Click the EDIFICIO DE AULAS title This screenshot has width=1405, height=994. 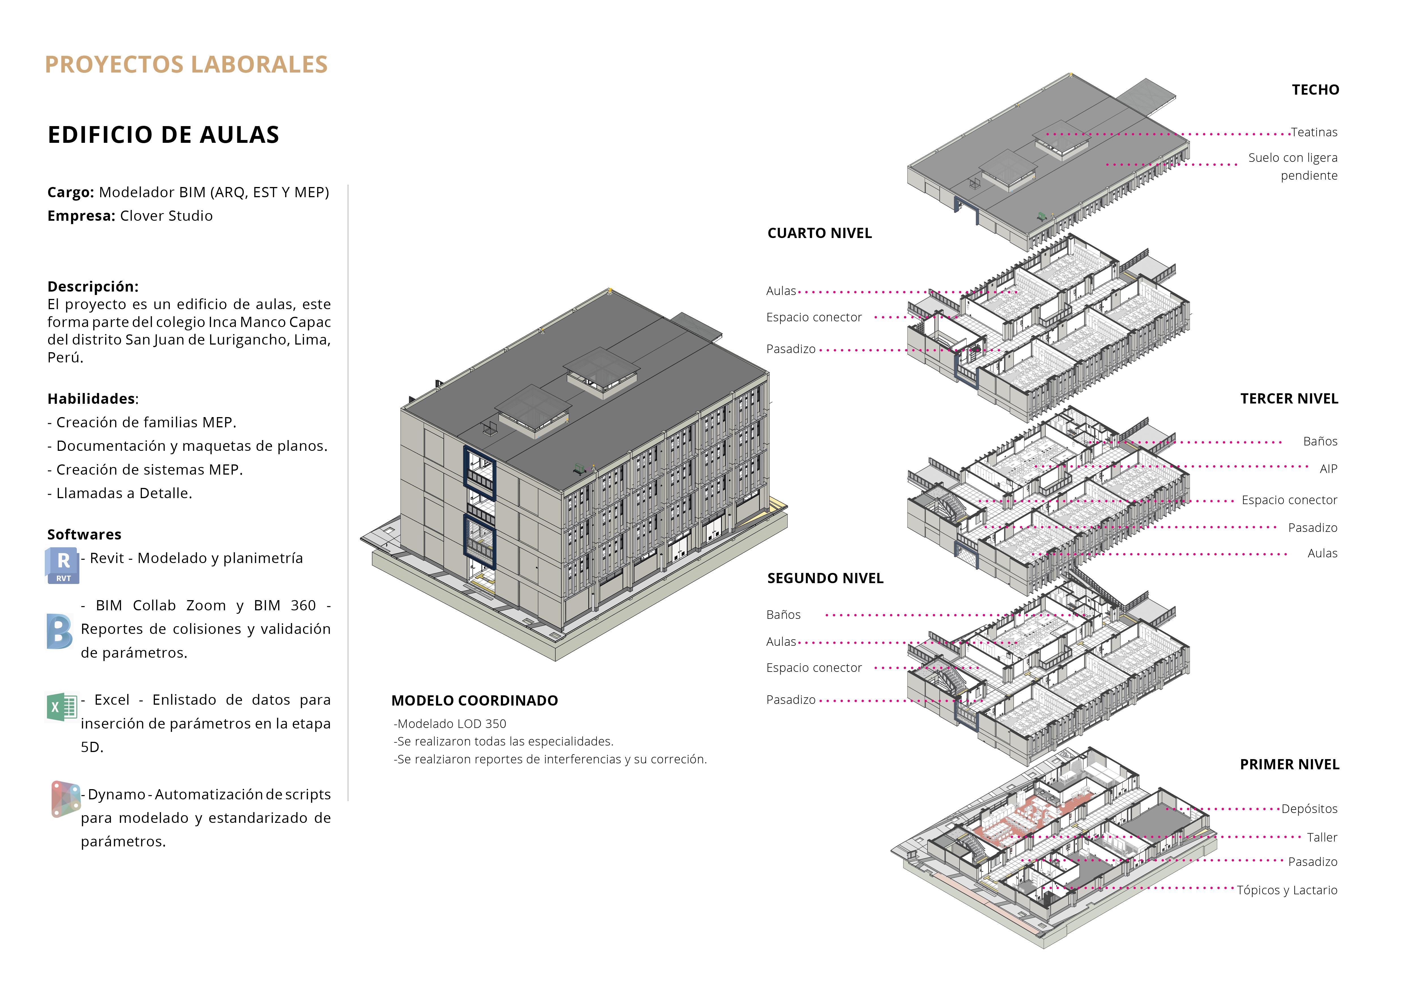(x=163, y=135)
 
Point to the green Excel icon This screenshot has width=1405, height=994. (x=61, y=707)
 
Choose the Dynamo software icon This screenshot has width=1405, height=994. (x=65, y=799)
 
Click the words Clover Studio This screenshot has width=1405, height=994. (x=167, y=216)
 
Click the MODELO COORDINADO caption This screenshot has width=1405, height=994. (x=474, y=701)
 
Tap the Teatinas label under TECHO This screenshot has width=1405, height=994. (x=1314, y=132)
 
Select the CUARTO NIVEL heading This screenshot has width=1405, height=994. (x=819, y=233)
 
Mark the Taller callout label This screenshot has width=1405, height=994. (x=1322, y=837)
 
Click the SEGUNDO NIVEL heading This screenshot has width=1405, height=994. (x=825, y=578)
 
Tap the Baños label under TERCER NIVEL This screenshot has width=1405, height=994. (x=1320, y=441)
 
